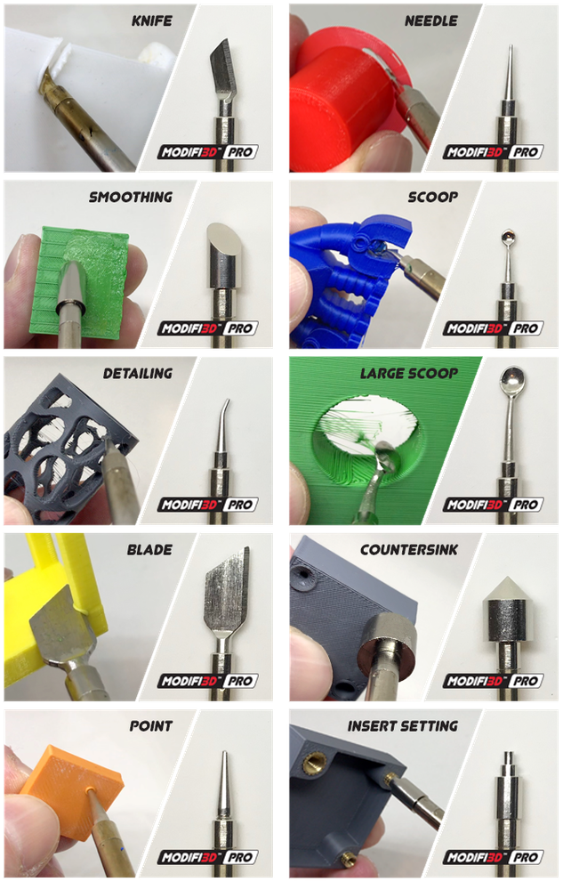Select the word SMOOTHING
[x=130, y=197]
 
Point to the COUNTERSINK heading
[x=409, y=550]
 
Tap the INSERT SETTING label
[x=404, y=726]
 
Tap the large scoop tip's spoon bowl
[x=513, y=381]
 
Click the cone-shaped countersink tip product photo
[x=507, y=610]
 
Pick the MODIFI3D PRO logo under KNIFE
[x=207, y=152]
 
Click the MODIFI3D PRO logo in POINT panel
[x=207, y=858]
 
